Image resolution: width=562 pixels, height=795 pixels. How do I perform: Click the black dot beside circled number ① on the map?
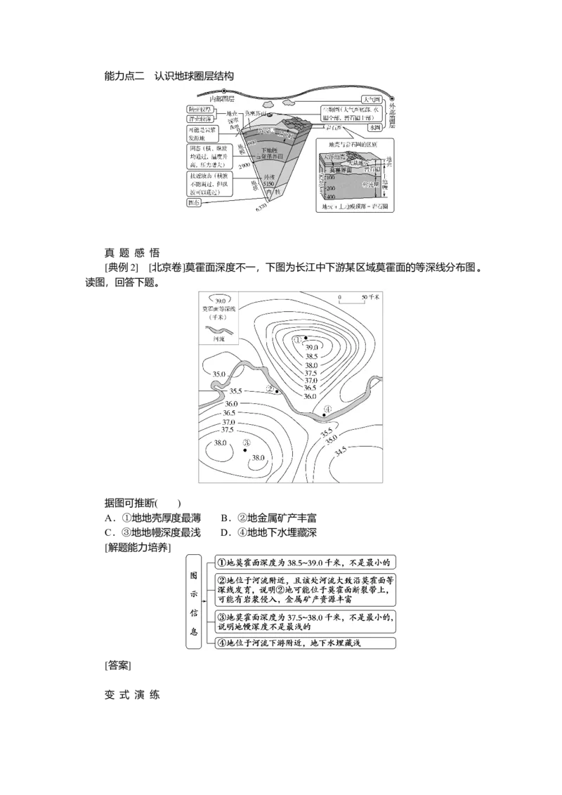coord(306,339)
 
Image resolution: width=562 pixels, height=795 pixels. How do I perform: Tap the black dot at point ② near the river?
coord(277,391)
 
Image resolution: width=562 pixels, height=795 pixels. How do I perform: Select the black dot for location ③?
coord(244,450)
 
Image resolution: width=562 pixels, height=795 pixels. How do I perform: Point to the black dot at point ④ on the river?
coord(324,415)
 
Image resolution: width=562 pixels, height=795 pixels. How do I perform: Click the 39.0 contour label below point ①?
coord(312,348)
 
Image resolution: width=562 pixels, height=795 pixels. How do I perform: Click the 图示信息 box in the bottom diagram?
coord(194,601)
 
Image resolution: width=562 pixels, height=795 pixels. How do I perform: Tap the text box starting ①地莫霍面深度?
coord(306,563)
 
